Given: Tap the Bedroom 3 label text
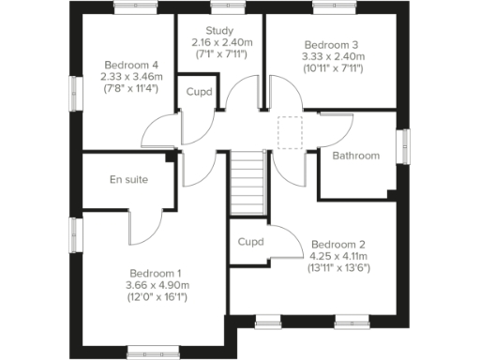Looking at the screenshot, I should point(334,44).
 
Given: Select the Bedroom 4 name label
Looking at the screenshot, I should point(130,65).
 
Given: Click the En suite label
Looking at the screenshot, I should point(128,179).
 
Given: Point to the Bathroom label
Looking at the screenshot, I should point(357,156).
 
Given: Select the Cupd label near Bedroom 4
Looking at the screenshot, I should point(198,92).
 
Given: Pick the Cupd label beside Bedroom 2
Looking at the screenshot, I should point(250,241).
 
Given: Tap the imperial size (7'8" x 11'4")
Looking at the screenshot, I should point(130,89).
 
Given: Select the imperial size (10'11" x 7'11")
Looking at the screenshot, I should point(334,68).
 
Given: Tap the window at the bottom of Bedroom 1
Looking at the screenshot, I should point(153,352).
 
